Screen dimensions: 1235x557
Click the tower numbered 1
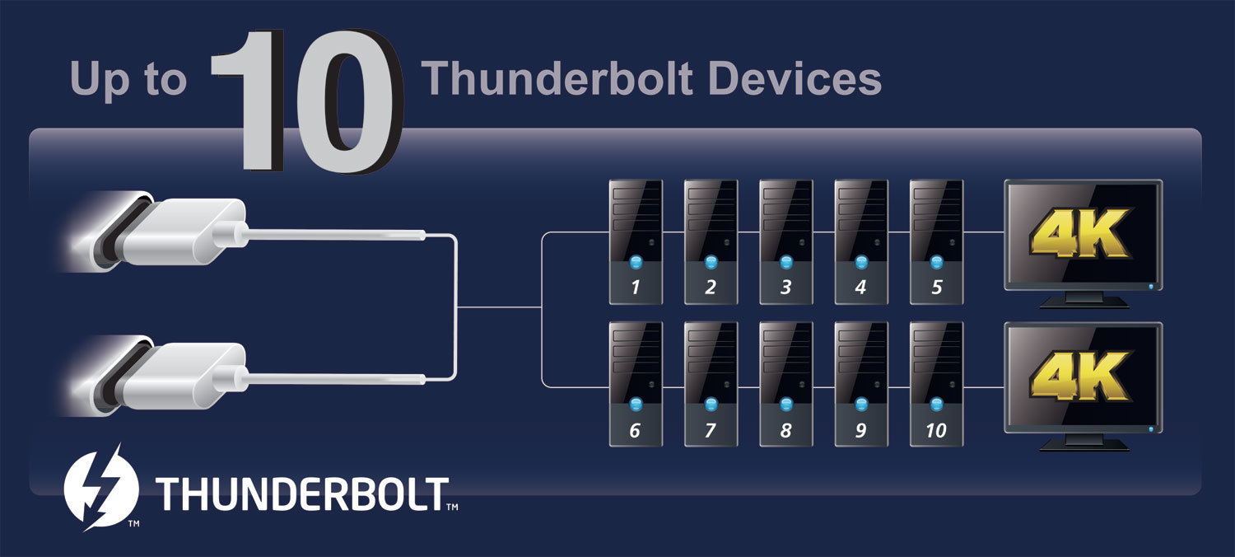pos(636,241)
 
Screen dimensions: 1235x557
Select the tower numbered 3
pos(786,241)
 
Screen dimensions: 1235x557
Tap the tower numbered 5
pos(937,241)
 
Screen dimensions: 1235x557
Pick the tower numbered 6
pos(636,384)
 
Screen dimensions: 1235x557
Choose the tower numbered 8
pos(786,384)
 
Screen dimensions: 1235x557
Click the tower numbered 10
pos(937,384)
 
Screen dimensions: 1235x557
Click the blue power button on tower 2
pos(711,262)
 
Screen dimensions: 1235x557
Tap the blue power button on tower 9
pos(861,404)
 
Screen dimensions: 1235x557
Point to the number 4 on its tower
pos(860,287)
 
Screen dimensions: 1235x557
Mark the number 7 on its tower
pos(711,430)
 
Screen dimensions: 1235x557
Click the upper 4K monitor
pos(1084,243)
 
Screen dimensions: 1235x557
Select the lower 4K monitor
pos(1084,386)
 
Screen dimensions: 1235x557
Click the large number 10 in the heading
pos(307,101)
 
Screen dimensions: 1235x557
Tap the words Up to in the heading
pos(128,80)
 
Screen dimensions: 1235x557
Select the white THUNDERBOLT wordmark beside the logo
pos(302,494)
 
